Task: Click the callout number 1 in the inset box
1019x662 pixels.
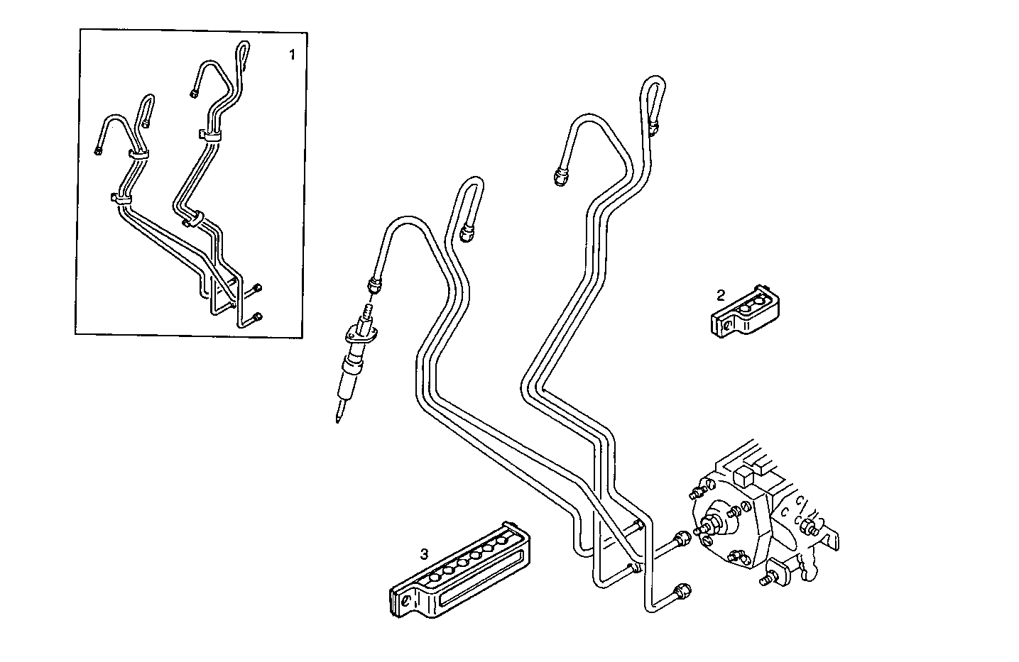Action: coord(291,55)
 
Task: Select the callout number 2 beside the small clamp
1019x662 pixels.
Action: coord(721,294)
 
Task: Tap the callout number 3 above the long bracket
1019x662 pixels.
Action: coord(424,554)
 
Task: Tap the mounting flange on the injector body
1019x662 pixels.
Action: coord(359,334)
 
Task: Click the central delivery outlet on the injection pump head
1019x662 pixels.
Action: coord(706,528)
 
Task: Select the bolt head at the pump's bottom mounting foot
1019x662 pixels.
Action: coord(767,580)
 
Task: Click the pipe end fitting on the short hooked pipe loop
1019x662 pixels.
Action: coord(468,233)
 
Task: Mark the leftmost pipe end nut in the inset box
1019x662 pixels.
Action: coord(98,149)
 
